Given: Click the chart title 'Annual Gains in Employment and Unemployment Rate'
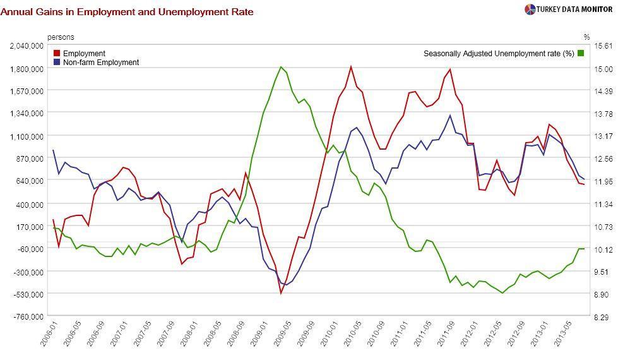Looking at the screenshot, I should [127, 11].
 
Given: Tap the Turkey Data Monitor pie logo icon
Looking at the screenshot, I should [530, 9].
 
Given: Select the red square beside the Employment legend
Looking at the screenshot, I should [57, 54].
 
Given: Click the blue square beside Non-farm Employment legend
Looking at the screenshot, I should [57, 63].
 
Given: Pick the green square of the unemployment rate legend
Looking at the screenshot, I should [581, 54].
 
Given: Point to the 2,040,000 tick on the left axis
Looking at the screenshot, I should [27, 46].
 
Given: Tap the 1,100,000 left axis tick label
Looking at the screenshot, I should [27, 136].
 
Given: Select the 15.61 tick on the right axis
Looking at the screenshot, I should [604, 46].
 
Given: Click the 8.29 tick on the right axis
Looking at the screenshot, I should [604, 316].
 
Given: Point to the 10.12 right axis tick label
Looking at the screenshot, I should [604, 249].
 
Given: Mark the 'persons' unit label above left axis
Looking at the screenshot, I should [61, 37].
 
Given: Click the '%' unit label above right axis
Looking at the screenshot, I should [586, 37].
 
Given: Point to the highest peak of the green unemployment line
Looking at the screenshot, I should [281, 67].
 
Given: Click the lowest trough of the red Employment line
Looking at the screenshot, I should [281, 293].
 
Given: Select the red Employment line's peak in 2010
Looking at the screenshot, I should [350, 66].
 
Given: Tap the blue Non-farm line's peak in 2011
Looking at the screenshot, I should [449, 115].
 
